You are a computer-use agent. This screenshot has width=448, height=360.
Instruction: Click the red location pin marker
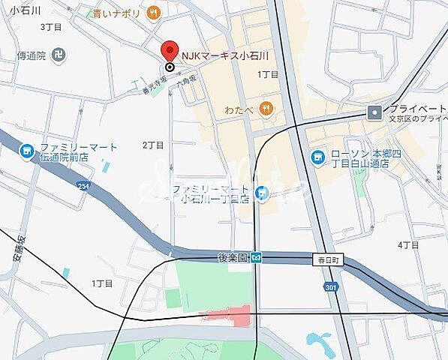point(170,53)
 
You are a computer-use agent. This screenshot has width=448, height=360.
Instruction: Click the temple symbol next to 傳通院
point(61,55)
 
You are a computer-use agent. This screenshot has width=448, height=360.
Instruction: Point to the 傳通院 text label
point(32,55)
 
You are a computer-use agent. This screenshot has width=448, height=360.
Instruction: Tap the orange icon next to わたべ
point(266,109)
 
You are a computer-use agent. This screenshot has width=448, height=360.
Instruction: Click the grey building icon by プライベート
point(374,112)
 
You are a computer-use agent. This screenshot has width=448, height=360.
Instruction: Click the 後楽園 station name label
point(232,257)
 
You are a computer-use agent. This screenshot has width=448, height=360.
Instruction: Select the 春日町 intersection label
point(326,259)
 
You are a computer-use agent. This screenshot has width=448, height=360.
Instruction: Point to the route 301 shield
point(332,286)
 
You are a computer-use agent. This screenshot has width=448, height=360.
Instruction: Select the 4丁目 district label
point(408,245)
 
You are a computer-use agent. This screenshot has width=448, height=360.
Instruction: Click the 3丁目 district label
point(50,26)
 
